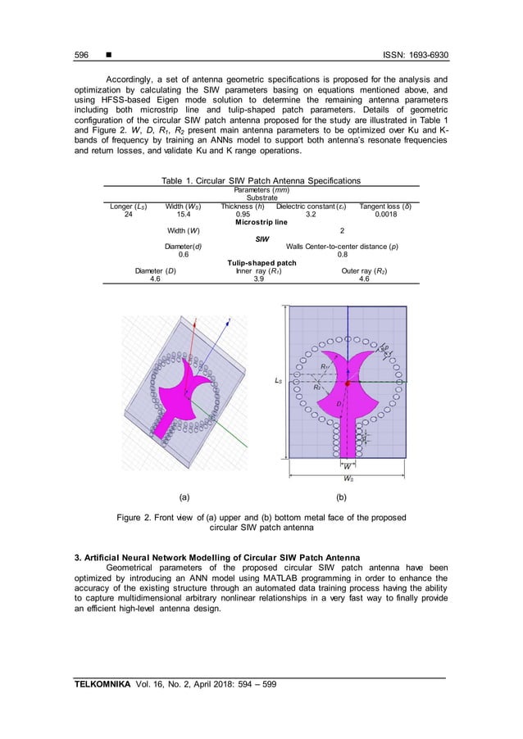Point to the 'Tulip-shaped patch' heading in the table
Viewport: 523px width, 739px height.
(x=261, y=262)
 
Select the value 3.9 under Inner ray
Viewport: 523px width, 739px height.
(x=261, y=279)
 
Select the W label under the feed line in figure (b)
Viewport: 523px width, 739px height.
(x=348, y=465)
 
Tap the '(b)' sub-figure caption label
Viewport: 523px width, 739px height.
(x=349, y=496)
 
